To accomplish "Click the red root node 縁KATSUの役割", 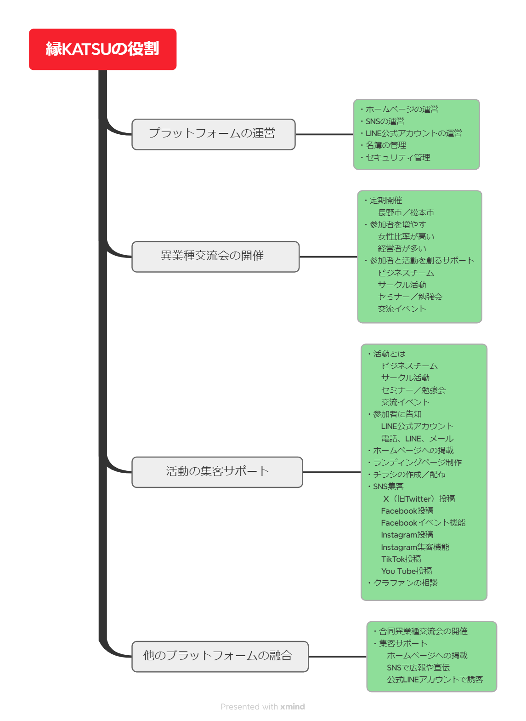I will (x=102, y=49).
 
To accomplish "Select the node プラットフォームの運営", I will (x=213, y=134).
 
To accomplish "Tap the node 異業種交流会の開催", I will (x=215, y=256).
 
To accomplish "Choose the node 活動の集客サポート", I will (x=217, y=472).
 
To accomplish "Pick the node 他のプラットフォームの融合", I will (x=220, y=656).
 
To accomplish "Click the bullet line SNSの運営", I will (x=385, y=121).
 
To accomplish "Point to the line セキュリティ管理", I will (x=397, y=158).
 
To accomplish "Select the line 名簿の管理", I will (x=385, y=145).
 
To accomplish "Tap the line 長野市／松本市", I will (x=406, y=213).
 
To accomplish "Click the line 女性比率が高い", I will (x=406, y=237).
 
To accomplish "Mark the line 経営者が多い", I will (x=402, y=249).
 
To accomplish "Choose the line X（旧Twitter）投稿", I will (x=419, y=499).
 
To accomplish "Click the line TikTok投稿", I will (x=401, y=559).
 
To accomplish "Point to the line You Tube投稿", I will (x=407, y=571).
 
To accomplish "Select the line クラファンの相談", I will (x=405, y=583).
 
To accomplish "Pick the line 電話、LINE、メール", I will (x=417, y=439).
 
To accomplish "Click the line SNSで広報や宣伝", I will (x=418, y=668).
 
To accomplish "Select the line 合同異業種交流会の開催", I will (x=423, y=631).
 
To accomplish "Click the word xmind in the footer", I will (x=293, y=707).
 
